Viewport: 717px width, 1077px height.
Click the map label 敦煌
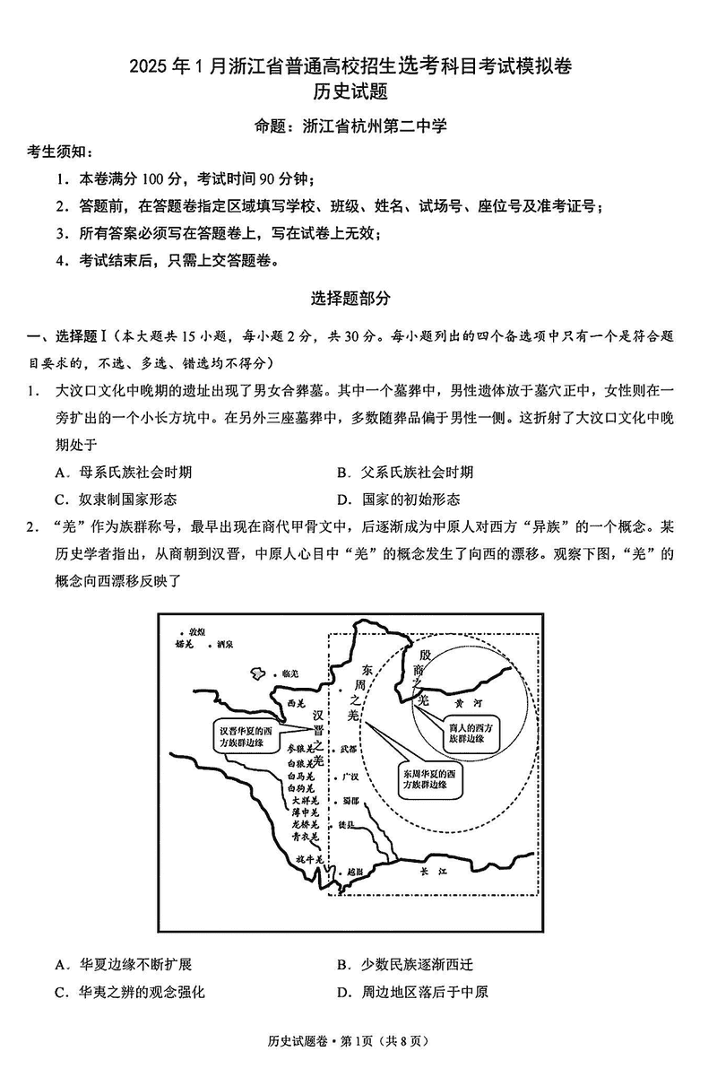pyautogui.click(x=195, y=632)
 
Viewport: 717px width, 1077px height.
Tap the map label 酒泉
pyautogui.click(x=225, y=644)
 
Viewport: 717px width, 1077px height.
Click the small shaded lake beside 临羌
pyautogui.click(x=259, y=673)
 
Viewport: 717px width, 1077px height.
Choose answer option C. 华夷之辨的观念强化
pyautogui.click(x=130, y=991)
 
